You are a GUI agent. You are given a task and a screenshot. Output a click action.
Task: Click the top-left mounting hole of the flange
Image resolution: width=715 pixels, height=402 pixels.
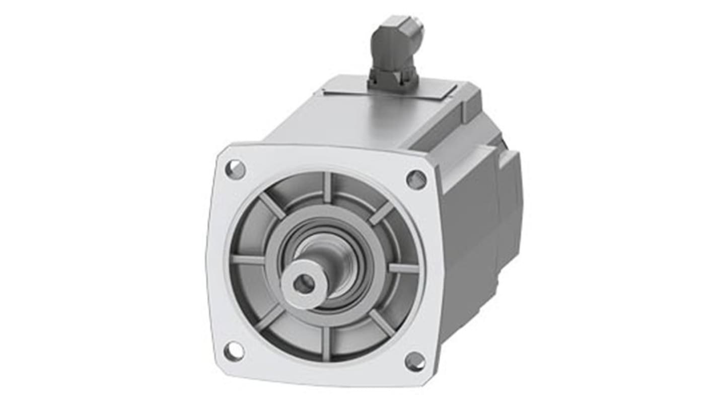(x=235, y=169)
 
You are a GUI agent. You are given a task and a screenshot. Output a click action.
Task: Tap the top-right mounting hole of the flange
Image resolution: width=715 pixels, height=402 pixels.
(x=416, y=179)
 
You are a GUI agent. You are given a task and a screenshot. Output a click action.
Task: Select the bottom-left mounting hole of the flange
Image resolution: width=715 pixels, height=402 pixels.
(x=234, y=351)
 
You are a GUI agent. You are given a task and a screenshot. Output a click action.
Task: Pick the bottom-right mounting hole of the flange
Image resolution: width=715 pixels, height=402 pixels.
(x=414, y=361)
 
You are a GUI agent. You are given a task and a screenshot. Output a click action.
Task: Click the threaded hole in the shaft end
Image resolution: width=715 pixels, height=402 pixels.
(x=304, y=285)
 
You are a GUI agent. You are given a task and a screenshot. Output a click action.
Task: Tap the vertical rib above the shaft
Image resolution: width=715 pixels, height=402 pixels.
(x=328, y=187)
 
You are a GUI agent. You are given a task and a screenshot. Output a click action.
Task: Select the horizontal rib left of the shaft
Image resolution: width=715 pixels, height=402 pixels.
(x=248, y=260)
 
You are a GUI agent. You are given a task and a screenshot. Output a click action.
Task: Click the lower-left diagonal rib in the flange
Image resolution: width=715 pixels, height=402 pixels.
(x=270, y=317)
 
